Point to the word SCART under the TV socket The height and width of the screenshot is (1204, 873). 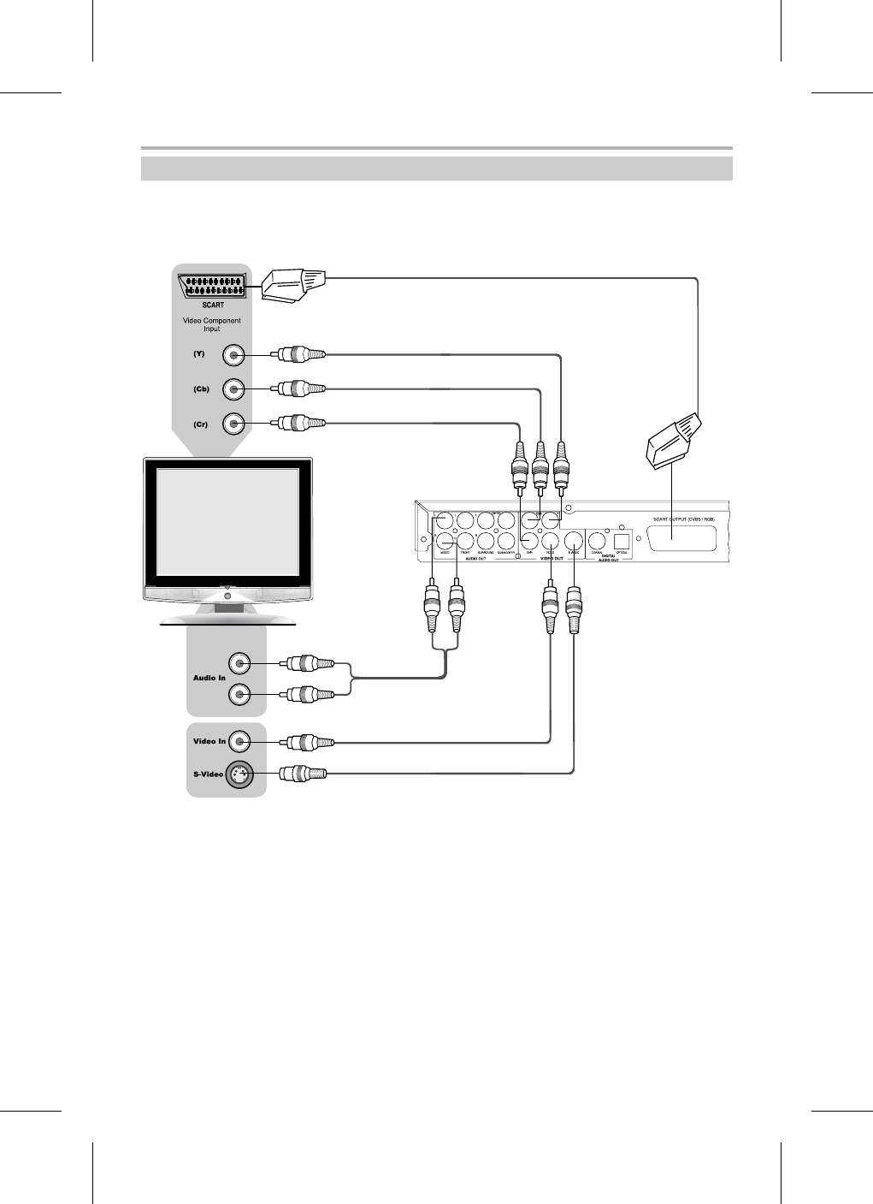click(214, 304)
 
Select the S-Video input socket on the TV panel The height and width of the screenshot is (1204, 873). click(239, 774)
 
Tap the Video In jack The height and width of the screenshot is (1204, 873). click(240, 741)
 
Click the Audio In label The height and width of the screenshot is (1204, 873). click(209, 678)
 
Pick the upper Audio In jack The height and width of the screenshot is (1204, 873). click(240, 663)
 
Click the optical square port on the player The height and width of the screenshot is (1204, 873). click(622, 540)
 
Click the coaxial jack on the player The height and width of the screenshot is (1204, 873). click(598, 540)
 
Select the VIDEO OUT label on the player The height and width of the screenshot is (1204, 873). click(549, 558)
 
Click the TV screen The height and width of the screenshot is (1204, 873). click(227, 521)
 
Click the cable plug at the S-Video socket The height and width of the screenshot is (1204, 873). click(304, 774)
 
